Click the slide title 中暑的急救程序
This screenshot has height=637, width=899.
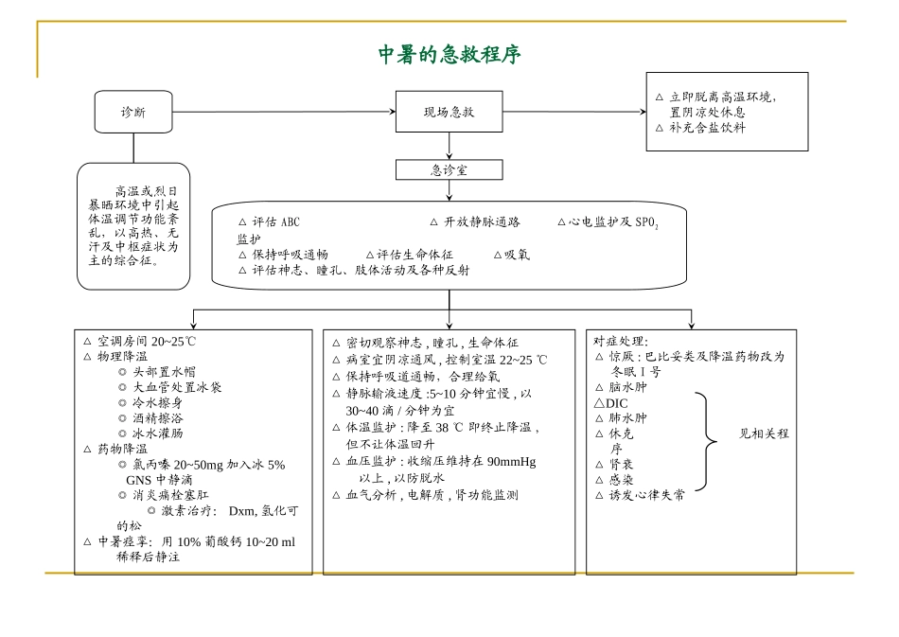449,55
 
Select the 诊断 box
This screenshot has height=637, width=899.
132,112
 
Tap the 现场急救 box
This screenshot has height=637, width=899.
449,112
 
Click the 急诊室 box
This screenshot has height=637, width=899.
449,170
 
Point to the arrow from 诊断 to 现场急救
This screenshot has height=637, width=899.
284,112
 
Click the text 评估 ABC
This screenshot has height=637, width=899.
274,221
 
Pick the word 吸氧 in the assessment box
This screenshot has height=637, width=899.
517,254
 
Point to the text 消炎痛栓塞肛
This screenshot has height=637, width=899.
170,495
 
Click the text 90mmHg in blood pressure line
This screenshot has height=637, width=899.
510,462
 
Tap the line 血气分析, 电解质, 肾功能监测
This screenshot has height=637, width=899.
432,494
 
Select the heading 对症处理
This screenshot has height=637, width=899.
621,341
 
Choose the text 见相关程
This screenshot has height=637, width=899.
764,434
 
